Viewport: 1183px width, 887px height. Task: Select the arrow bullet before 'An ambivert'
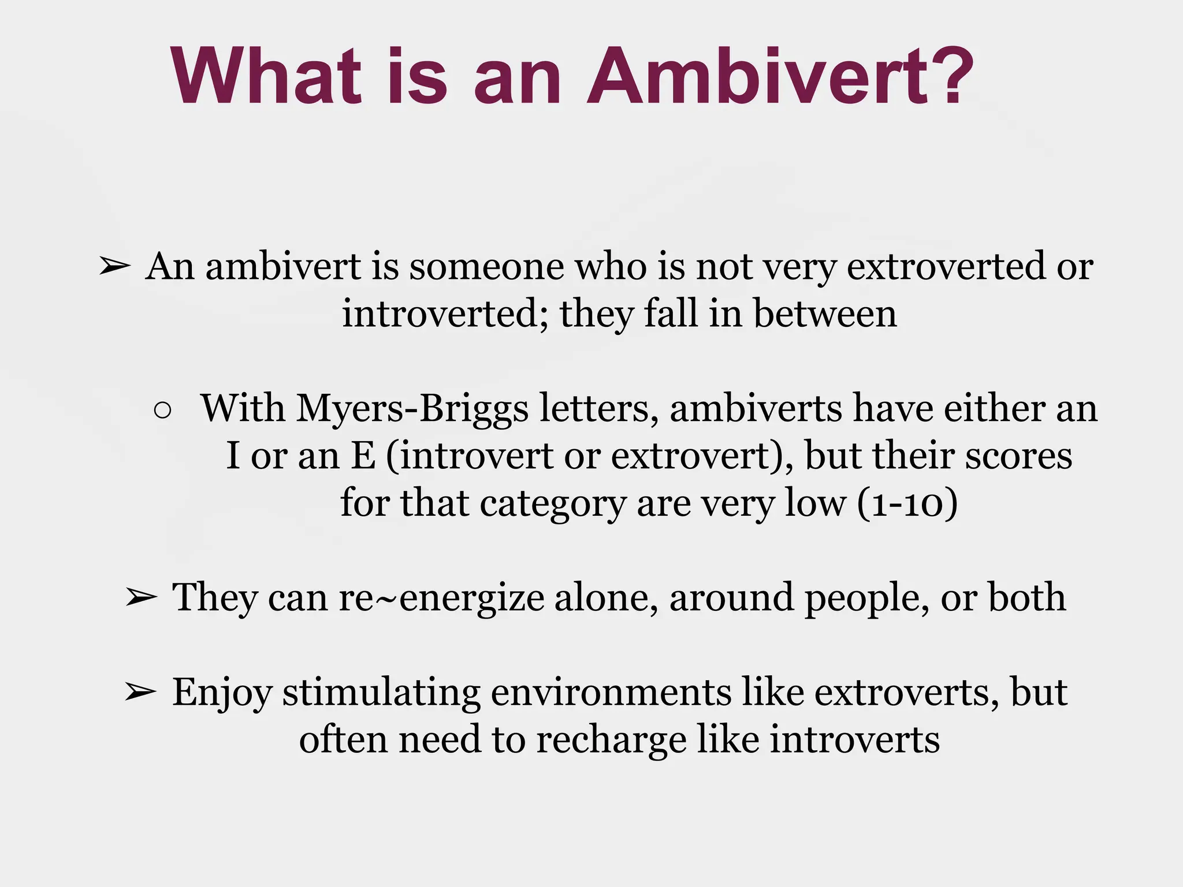114,267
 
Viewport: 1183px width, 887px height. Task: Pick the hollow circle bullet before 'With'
163,410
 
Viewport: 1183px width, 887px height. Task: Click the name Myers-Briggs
412,409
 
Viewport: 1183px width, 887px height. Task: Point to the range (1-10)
907,504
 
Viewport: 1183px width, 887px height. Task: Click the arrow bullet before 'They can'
140,598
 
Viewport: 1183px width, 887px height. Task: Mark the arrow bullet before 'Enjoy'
140,692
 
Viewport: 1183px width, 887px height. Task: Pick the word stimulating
381,692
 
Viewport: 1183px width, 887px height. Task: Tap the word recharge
612,740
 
